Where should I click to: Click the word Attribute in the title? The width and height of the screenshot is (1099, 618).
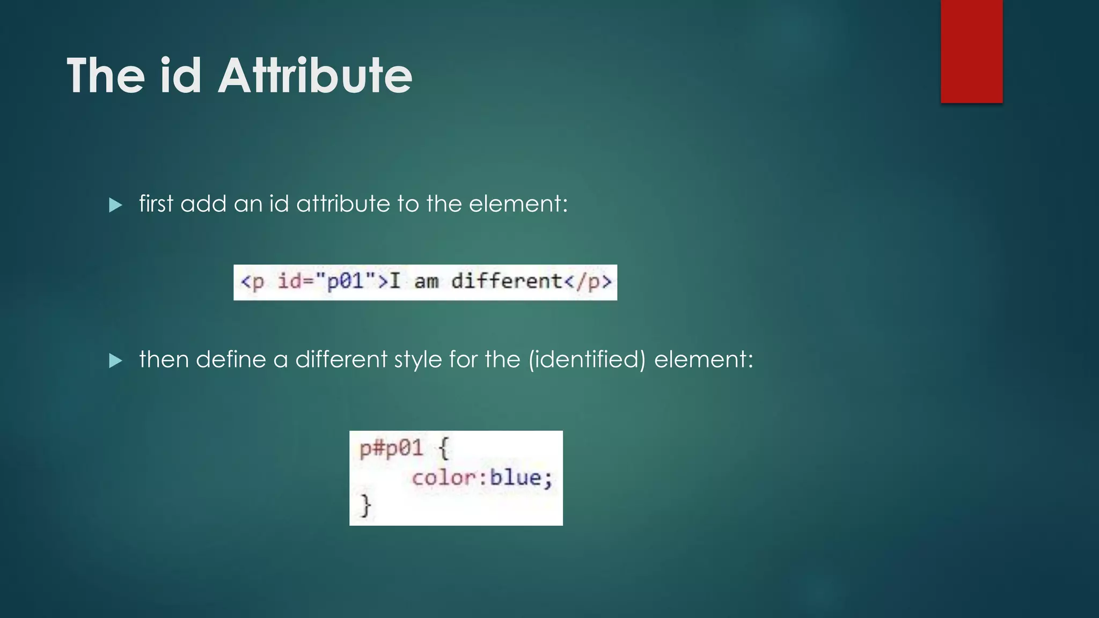(x=315, y=76)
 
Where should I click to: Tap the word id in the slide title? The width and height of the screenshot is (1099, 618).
(x=180, y=76)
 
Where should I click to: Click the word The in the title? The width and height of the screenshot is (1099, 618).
(x=106, y=76)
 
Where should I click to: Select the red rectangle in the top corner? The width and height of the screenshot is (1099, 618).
(x=971, y=51)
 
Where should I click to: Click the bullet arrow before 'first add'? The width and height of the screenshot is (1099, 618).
(x=115, y=205)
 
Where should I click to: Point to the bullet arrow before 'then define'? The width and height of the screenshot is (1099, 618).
(x=115, y=360)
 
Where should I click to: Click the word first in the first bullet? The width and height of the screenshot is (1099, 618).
(x=156, y=204)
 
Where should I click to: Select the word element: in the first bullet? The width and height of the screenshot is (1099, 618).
(x=518, y=204)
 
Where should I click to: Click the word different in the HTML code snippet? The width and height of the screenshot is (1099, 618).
(x=506, y=281)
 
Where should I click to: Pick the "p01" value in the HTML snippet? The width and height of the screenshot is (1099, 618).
(x=346, y=281)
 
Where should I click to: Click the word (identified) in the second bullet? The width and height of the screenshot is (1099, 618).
(x=587, y=359)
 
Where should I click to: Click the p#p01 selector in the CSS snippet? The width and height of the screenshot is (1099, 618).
(x=391, y=448)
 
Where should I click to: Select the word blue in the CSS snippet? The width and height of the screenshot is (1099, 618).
(x=516, y=477)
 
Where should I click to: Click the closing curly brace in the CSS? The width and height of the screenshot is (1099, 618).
(x=366, y=505)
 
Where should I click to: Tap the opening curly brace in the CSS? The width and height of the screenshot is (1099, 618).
(x=444, y=448)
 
